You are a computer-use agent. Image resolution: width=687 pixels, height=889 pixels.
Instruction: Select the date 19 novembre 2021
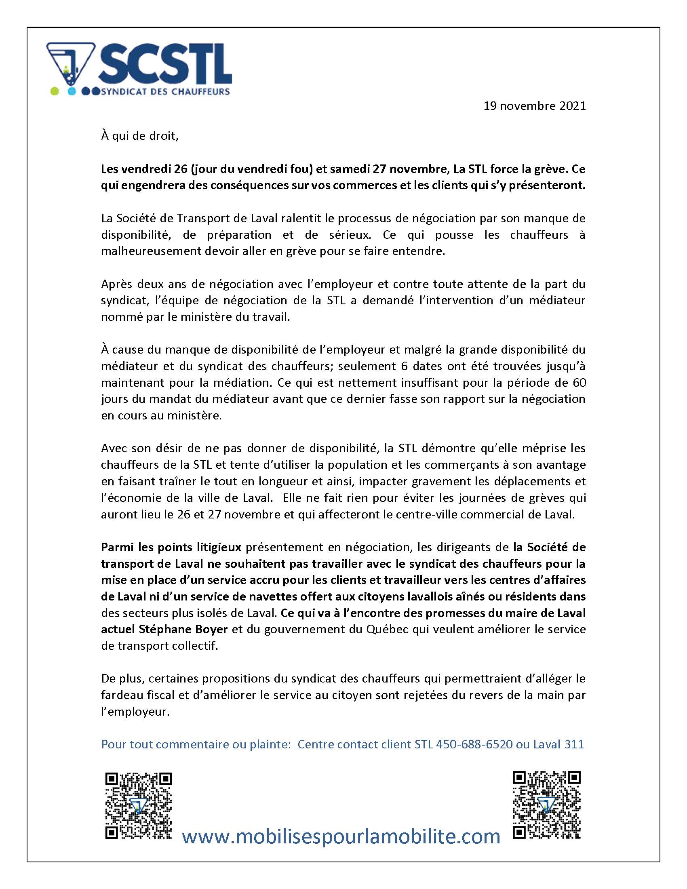point(534,106)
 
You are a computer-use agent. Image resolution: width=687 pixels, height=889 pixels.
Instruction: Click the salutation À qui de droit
point(139,136)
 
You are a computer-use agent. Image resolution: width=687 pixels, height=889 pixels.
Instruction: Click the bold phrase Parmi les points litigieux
point(171,547)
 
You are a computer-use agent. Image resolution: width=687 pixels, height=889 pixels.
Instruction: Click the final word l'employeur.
point(135,712)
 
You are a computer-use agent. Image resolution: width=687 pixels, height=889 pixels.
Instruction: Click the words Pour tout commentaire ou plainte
point(195,744)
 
